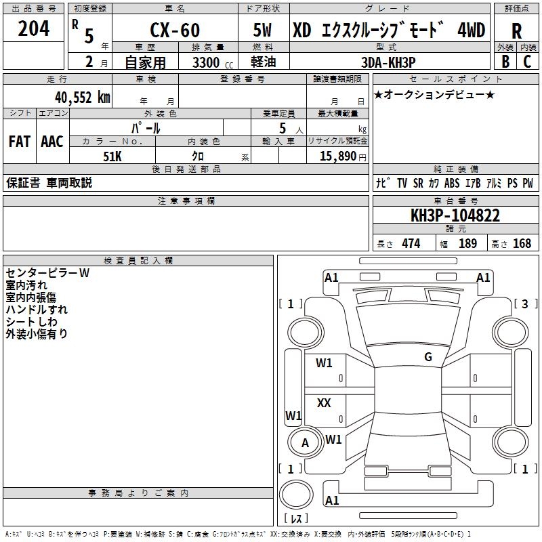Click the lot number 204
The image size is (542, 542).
point(33,28)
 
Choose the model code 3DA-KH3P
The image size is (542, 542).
point(388,62)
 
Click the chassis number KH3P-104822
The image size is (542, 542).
point(455,215)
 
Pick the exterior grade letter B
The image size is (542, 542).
point(505,62)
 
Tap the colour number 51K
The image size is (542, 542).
point(112,155)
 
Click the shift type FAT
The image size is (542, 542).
point(19,142)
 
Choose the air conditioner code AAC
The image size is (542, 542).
point(52,142)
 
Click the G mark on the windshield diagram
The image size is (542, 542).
point(428,357)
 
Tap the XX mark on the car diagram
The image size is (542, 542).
point(324,403)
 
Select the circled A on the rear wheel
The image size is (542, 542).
point(305,443)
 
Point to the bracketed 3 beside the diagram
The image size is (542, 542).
point(525,304)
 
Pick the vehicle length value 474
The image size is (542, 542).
point(411,244)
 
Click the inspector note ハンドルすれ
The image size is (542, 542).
point(32,310)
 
